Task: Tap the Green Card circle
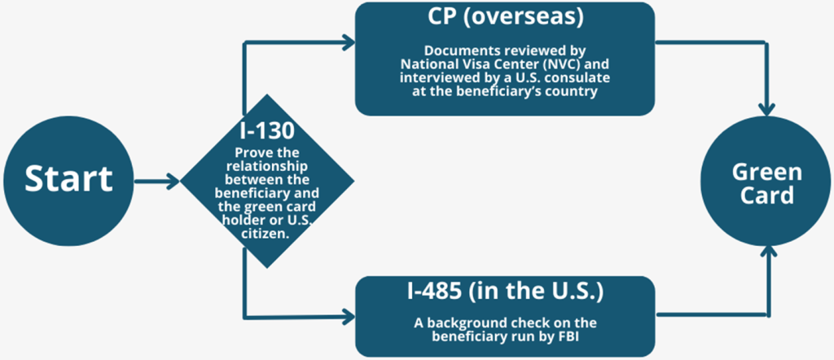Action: coord(766,184)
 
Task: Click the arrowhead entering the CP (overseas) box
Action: coord(348,43)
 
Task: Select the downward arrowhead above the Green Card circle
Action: coord(766,108)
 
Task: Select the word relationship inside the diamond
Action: coord(266,166)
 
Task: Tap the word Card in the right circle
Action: coord(766,196)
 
